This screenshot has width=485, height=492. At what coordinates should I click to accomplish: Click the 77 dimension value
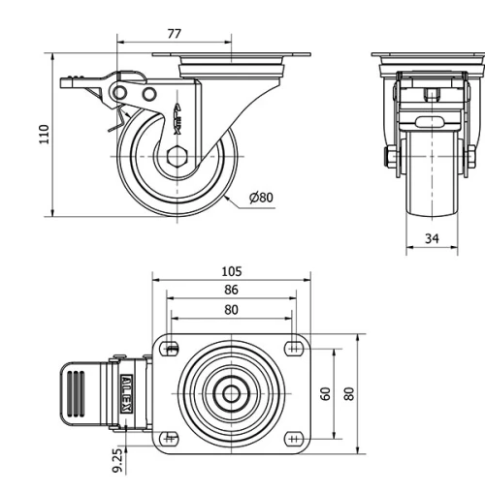point(174,33)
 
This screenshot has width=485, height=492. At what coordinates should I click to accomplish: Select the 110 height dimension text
point(43,134)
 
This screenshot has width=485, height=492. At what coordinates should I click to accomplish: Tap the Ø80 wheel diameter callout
point(261,198)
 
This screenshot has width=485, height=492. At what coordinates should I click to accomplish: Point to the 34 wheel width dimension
point(431,237)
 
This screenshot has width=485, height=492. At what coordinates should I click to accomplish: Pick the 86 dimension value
point(231,290)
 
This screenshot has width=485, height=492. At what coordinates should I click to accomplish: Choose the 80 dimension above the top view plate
point(231,310)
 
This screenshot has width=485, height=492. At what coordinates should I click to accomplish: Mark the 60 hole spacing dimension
point(326,393)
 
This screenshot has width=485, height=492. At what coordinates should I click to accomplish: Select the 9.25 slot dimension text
point(117,459)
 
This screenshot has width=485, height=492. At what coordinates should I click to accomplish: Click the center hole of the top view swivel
point(232,393)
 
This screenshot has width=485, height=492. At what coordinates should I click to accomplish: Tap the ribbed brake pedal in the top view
point(85,393)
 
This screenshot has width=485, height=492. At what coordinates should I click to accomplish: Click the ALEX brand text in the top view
point(126,393)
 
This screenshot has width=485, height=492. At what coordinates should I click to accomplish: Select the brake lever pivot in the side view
point(123,91)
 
